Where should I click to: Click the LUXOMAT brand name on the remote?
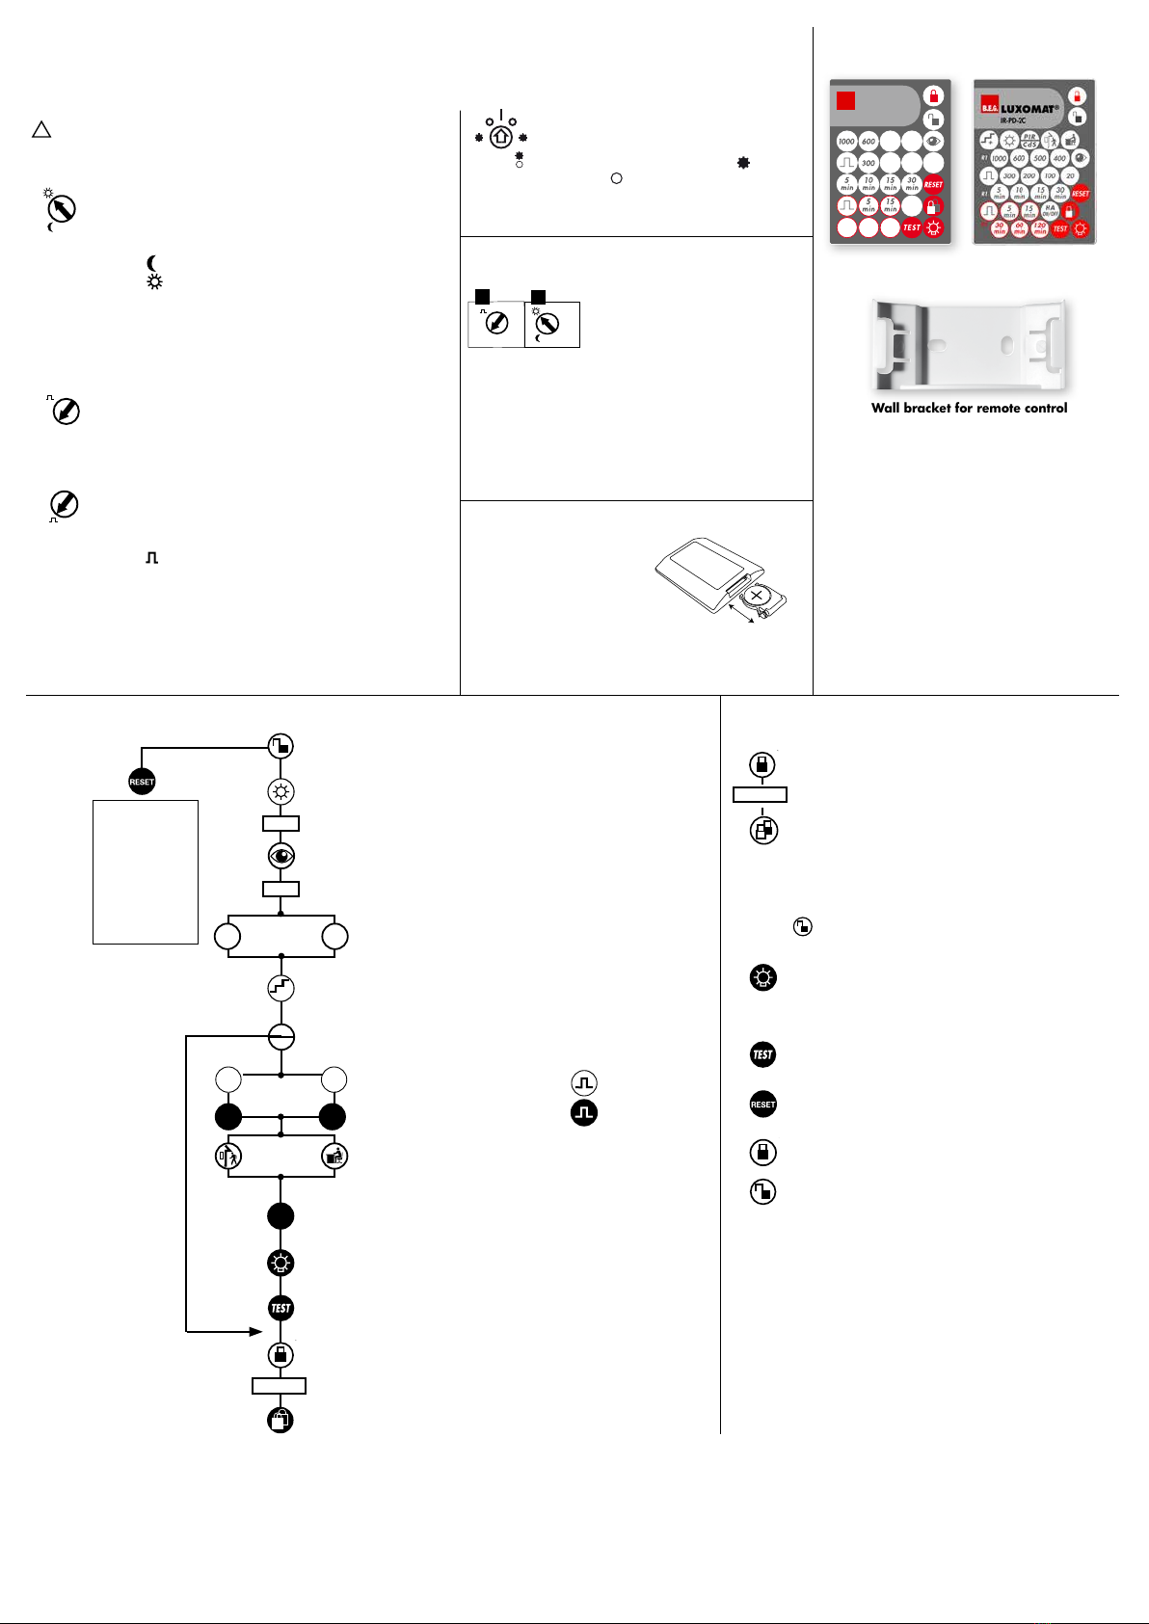[x=1028, y=109]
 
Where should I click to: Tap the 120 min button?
[x=1039, y=228]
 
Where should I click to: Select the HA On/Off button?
[x=1050, y=210]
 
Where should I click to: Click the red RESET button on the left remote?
[x=933, y=184]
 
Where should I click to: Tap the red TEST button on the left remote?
[x=912, y=228]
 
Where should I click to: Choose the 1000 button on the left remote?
[x=846, y=142]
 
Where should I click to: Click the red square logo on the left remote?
[x=846, y=101]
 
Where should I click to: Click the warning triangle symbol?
[x=40, y=130]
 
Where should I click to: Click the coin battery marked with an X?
[x=757, y=597]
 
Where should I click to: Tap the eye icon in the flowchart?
[x=281, y=856]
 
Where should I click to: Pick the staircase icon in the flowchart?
[x=281, y=988]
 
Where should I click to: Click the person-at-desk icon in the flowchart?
[x=334, y=1156]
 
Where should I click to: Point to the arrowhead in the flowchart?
[x=255, y=1332]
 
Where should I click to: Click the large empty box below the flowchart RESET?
[x=146, y=871]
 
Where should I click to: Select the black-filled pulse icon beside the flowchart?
[x=584, y=1113]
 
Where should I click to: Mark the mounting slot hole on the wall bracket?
[x=1004, y=342]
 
